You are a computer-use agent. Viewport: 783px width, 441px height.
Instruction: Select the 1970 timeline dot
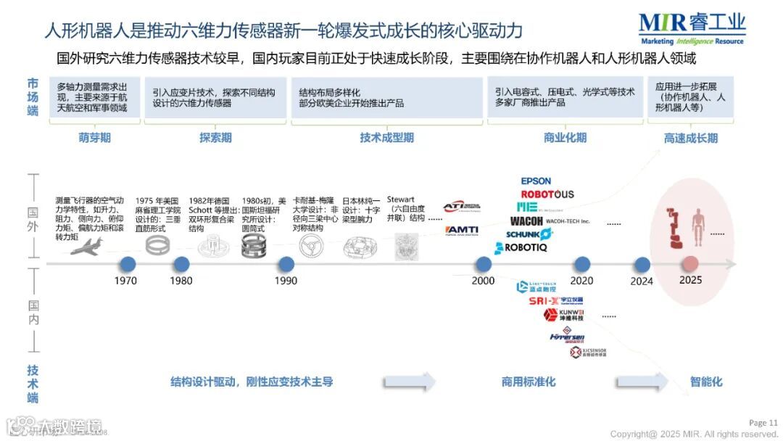[128, 264]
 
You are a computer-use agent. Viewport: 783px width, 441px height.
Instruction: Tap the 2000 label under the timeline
[483, 281]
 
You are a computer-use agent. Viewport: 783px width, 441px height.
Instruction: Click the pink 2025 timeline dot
[690, 264]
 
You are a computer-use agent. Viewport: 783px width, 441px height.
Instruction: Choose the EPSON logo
[536, 181]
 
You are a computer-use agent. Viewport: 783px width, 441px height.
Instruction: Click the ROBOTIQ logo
[521, 248]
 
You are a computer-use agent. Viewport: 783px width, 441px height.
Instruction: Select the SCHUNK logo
[529, 234]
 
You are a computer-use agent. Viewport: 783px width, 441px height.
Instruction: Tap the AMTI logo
[461, 230]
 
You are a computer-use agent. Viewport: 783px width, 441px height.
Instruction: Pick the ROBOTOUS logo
[547, 194]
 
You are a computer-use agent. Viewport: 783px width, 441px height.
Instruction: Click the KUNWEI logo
[564, 315]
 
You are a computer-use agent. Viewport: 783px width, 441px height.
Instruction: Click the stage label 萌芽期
[95, 138]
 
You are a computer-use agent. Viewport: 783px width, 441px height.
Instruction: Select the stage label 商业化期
[565, 138]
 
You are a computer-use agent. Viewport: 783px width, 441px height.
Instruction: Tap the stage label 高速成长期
[690, 138]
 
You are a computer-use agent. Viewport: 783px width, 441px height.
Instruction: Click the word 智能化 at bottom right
[706, 382]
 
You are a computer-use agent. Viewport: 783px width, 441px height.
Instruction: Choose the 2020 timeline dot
[581, 264]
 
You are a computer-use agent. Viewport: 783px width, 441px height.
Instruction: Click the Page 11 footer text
[763, 423]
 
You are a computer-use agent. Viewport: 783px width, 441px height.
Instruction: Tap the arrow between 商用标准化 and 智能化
[642, 382]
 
